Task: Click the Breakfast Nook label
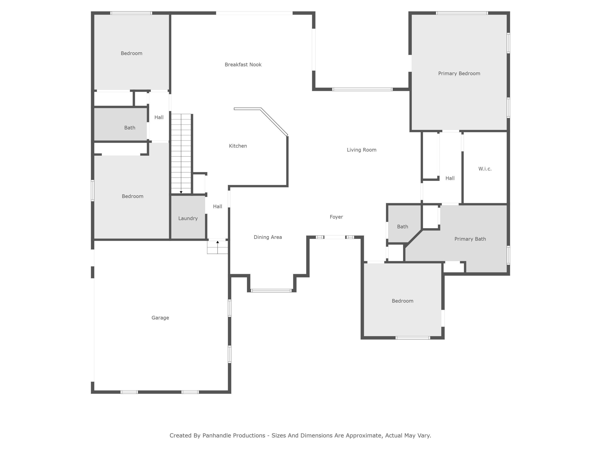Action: pos(243,64)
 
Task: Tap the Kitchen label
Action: pos(238,146)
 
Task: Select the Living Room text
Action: pos(361,150)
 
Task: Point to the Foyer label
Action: pos(336,217)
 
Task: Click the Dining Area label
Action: pos(268,237)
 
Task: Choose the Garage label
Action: pos(160,318)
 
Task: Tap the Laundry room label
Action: pos(188,218)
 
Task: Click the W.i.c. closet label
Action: pos(485,169)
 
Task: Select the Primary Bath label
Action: pos(470,239)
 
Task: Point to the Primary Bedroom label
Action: pos(459,73)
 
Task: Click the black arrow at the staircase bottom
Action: pos(181,192)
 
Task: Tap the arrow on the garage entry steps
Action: pos(217,242)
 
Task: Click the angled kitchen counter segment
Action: pos(274,122)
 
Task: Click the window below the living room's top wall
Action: pos(362,89)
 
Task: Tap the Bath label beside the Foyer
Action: pos(402,227)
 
